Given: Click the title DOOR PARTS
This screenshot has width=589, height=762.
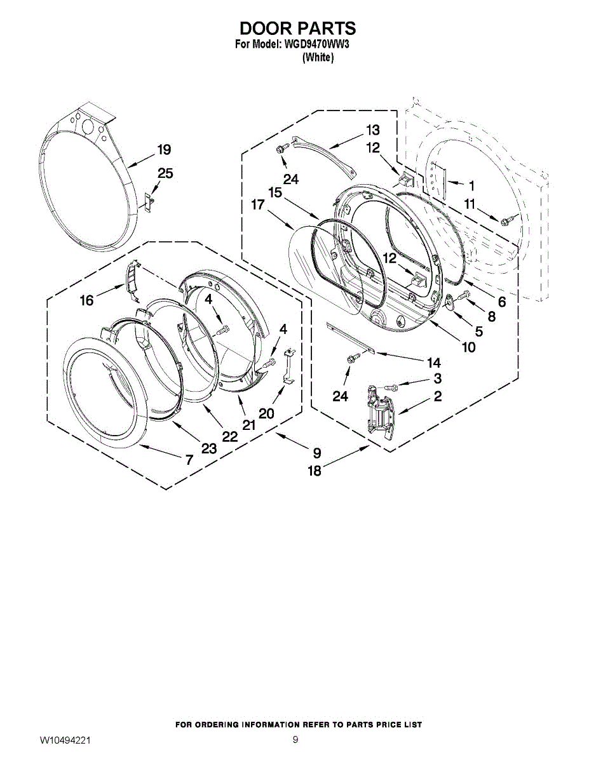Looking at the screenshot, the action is coord(297,29).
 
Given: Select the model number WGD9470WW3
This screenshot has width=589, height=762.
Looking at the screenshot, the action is coord(315,45).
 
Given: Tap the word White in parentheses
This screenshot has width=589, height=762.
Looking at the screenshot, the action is coord(318,57).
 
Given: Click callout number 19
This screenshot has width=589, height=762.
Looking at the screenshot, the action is coord(164,150).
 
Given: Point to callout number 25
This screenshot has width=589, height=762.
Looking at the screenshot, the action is coord(165,173).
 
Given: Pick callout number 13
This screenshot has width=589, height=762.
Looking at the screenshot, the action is coord(373,130).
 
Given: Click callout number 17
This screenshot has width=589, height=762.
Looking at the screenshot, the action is coord(258,204).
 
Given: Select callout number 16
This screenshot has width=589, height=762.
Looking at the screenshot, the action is coord(87,300).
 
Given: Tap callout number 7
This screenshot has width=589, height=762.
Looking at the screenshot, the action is coord(189,459).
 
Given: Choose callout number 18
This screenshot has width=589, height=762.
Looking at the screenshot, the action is coord(315,471).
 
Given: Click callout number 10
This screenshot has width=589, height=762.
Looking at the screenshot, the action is coord(469,347).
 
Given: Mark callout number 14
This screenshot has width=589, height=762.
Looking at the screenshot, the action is coord(434,363).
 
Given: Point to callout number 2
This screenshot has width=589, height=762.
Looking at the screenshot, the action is coord(438,396).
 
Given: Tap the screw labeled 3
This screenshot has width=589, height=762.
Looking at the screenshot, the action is coord(391,387).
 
